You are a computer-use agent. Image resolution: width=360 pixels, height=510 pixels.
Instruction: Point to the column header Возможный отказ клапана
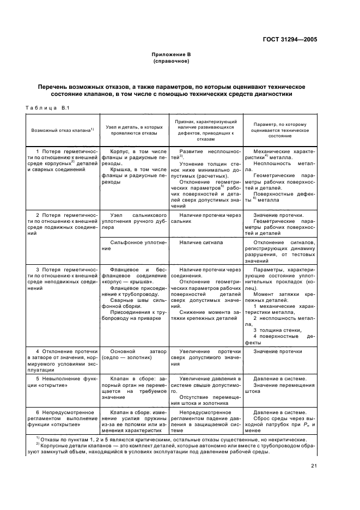(63, 131)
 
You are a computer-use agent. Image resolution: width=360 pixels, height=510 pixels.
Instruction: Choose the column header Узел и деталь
(133, 131)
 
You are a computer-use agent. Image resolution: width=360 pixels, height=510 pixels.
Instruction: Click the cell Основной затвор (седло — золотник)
(133, 355)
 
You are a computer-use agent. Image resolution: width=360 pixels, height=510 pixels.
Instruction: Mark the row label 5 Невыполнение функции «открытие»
(63, 382)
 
